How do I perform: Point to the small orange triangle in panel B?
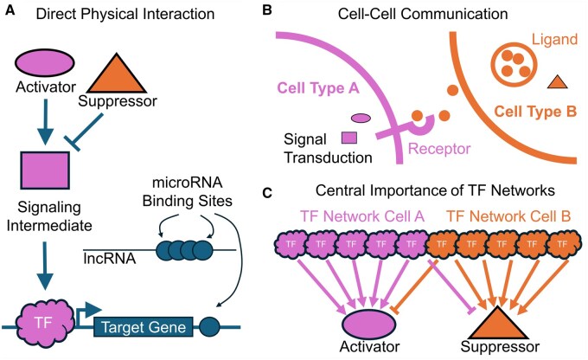click(x=558, y=82)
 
